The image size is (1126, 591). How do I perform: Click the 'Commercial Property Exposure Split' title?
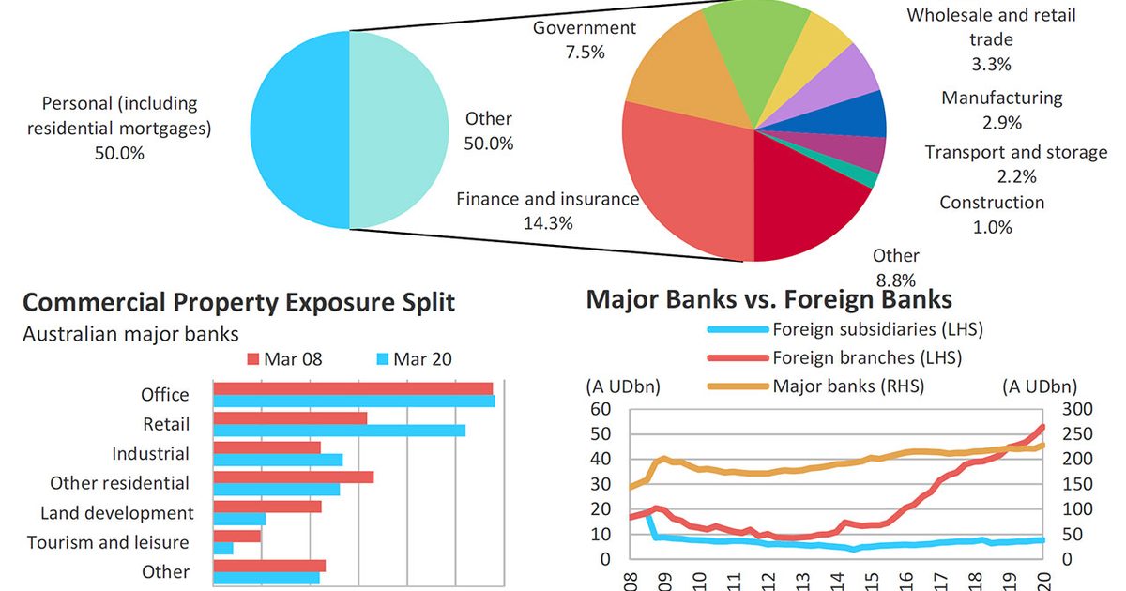tap(238, 302)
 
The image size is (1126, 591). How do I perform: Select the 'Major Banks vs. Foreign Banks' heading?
tap(769, 299)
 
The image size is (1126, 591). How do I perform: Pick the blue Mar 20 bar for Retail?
tap(340, 431)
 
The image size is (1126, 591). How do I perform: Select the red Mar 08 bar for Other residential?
tap(294, 477)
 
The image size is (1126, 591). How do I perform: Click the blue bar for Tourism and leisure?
tap(223, 548)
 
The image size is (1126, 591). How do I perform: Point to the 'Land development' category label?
tap(117, 513)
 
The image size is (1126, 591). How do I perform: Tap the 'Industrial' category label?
tap(150, 454)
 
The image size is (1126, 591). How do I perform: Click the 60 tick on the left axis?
tap(600, 410)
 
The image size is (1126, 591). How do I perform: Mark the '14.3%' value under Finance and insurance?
tap(548, 223)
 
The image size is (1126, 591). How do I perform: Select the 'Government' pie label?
tap(585, 28)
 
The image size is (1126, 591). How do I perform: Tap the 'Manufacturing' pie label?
tap(1002, 98)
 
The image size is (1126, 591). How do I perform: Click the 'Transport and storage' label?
tap(1016, 152)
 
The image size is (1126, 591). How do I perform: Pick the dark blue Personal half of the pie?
tap(299, 129)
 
